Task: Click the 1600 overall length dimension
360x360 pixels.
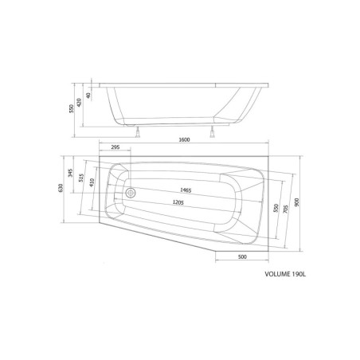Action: click(x=184, y=139)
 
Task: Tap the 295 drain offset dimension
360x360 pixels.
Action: click(x=115, y=147)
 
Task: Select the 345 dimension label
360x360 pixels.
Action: click(x=70, y=173)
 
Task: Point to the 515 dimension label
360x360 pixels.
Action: click(x=81, y=178)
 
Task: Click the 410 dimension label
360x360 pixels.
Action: click(x=92, y=182)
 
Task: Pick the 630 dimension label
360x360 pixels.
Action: click(x=61, y=188)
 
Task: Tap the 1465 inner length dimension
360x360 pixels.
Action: click(x=186, y=190)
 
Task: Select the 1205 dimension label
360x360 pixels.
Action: click(x=178, y=202)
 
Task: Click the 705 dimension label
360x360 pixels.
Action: click(x=285, y=209)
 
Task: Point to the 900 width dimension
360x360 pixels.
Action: click(x=296, y=202)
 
